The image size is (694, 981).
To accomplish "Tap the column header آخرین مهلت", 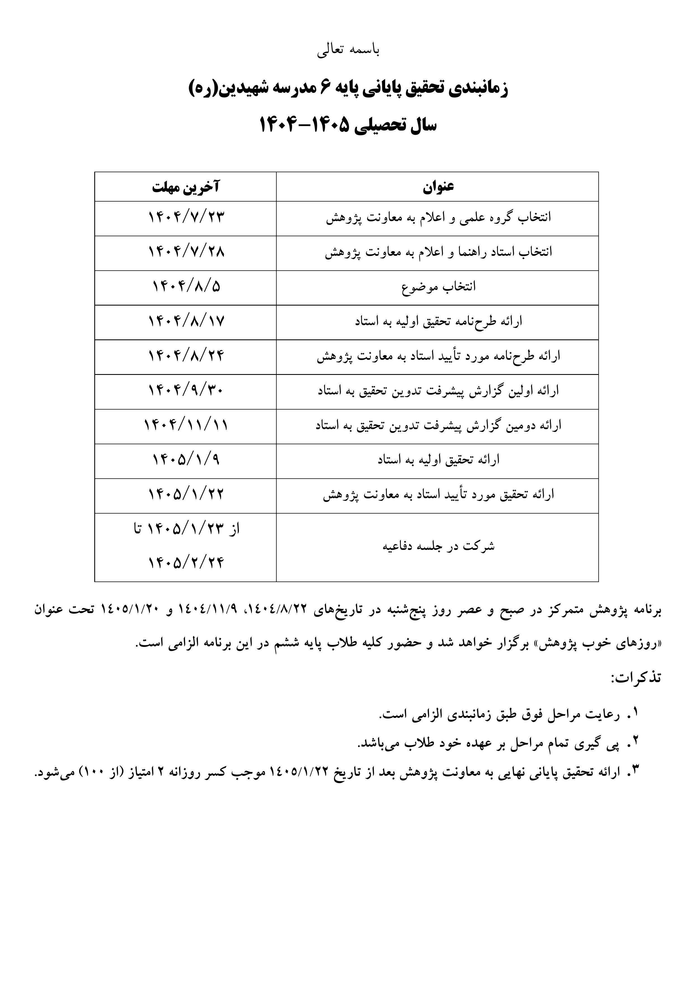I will click(x=185, y=187).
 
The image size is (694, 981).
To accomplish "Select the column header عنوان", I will click(x=438, y=187).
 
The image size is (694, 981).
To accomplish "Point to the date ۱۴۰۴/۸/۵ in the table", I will click(x=186, y=287).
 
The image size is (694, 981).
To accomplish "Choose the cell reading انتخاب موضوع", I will click(x=438, y=287).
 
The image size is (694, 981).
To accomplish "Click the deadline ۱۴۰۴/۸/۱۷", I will click(x=186, y=321).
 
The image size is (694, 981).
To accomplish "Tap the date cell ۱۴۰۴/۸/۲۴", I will click(x=186, y=356).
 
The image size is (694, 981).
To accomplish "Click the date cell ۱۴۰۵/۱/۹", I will click(x=186, y=460).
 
